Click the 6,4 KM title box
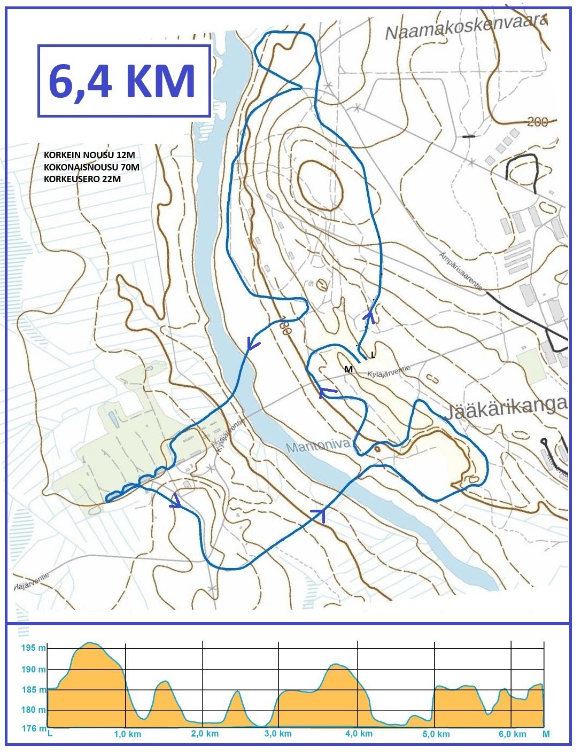123,81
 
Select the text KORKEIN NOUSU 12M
89,155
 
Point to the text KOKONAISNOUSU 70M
91,167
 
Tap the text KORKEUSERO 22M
82,179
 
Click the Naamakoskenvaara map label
466,27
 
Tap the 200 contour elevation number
537,122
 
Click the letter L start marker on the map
373,355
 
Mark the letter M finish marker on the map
348,369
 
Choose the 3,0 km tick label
278,734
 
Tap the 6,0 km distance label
512,734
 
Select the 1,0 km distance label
127,734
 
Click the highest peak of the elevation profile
90,643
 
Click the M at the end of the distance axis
546,734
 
